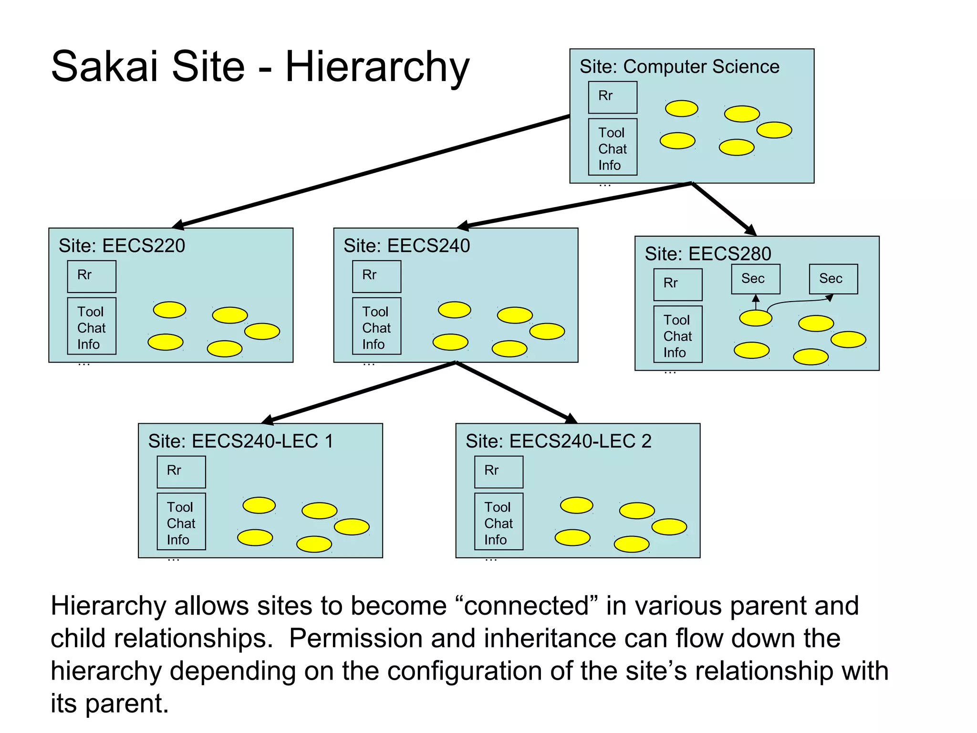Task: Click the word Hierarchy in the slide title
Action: [x=377, y=67]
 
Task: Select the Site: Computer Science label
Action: [x=679, y=67]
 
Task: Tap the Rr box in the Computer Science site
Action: [x=613, y=97]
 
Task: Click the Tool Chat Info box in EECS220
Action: [x=92, y=326]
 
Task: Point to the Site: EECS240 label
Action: [x=406, y=246]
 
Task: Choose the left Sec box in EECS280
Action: [x=756, y=279]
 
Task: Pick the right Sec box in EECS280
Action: [x=833, y=279]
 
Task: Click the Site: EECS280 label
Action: [x=707, y=254]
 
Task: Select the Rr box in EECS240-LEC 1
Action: [x=181, y=472]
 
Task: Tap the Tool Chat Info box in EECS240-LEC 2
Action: [x=499, y=522]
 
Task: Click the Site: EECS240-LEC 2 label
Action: [x=558, y=441]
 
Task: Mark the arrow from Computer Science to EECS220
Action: [x=372, y=170]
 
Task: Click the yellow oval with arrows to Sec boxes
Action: [x=756, y=318]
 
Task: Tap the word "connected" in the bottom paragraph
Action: [x=527, y=606]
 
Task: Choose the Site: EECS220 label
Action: [x=122, y=246]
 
